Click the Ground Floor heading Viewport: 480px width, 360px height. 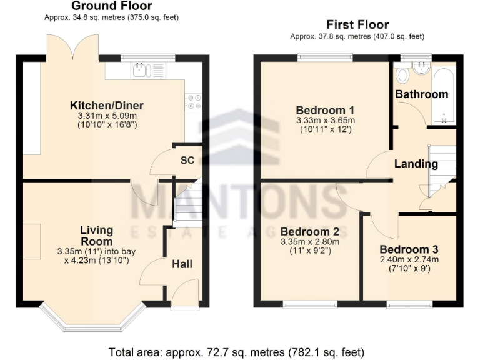click(x=111, y=6)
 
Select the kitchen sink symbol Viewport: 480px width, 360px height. click(x=147, y=69)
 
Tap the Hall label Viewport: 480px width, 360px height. click(x=182, y=264)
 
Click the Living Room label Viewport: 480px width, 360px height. click(x=96, y=236)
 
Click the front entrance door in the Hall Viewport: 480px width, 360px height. click(x=185, y=295)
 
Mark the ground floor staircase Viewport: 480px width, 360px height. click(x=187, y=203)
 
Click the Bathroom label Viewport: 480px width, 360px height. click(x=422, y=94)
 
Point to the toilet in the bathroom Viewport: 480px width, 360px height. click(x=402, y=76)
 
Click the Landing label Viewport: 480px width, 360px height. click(x=416, y=164)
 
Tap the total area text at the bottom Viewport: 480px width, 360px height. click(x=236, y=352)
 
